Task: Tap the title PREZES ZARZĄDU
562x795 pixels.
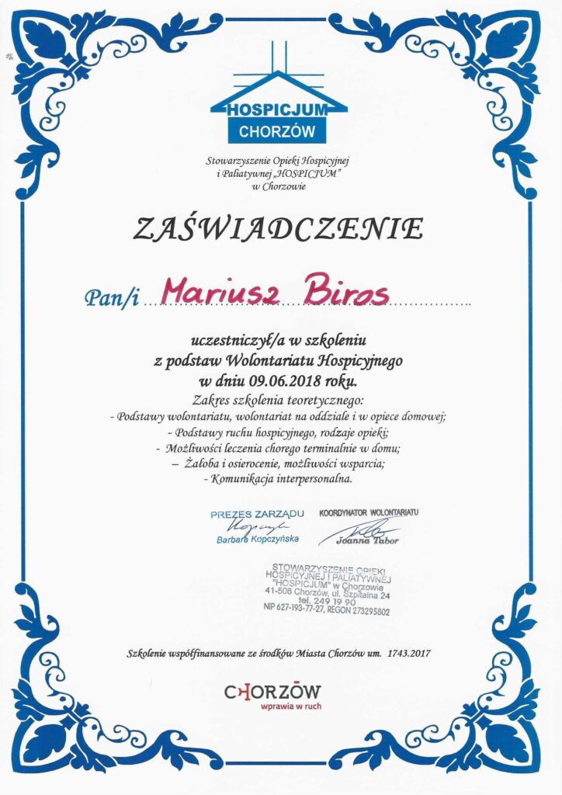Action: coord(257,514)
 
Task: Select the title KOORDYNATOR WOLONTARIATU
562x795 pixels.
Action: coord(369,513)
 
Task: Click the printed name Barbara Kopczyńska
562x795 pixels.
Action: coord(258,539)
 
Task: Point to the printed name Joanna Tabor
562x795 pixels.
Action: coord(376,540)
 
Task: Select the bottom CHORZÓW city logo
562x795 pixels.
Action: coord(272,691)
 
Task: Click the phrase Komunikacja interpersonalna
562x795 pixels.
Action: coord(277,480)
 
